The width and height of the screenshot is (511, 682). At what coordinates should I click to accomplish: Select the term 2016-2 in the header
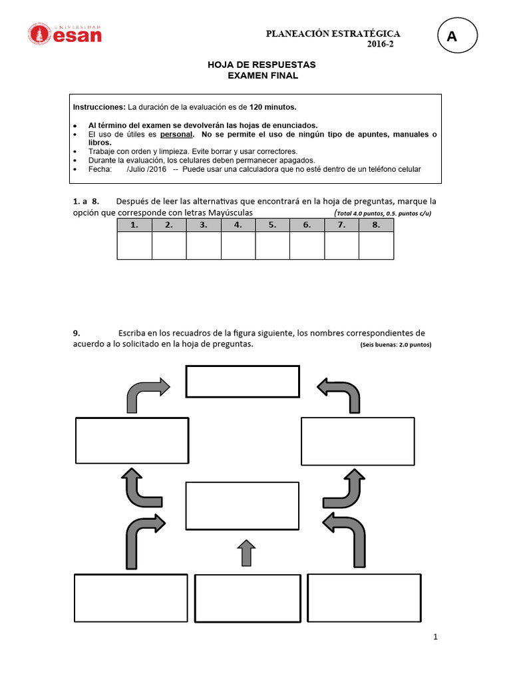click(x=384, y=45)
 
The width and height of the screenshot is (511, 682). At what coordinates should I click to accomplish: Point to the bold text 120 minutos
click(x=273, y=107)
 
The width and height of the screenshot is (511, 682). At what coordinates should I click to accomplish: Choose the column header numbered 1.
click(x=134, y=225)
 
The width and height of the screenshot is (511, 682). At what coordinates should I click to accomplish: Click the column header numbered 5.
click(x=272, y=225)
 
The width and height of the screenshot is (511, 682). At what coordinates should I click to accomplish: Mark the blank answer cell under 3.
click(x=204, y=245)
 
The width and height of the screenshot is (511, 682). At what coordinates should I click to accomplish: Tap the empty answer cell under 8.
click(x=376, y=245)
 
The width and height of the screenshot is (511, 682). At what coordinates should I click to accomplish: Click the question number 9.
click(x=76, y=332)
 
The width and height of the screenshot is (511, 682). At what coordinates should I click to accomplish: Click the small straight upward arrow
click(x=246, y=553)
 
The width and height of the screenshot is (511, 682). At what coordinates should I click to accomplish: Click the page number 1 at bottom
click(x=436, y=637)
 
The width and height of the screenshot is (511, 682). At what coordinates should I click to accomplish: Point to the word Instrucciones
click(x=98, y=107)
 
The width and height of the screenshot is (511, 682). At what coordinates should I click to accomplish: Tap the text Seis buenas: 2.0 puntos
click(x=396, y=345)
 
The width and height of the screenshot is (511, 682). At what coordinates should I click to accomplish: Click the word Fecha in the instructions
click(x=100, y=169)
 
